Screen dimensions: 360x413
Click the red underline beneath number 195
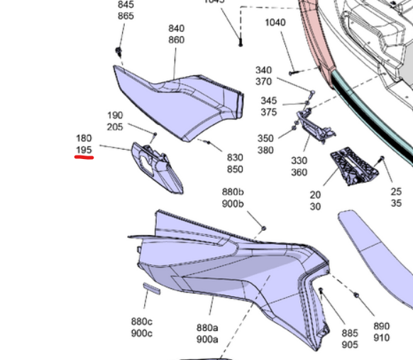click(x=84, y=159)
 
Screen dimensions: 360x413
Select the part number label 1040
click(x=275, y=23)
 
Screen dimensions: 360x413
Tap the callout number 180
click(x=84, y=138)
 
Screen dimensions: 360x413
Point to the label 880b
click(x=233, y=192)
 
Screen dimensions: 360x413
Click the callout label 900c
click(x=141, y=334)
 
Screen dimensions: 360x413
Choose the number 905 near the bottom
click(x=350, y=344)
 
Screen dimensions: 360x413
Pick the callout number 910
click(x=382, y=338)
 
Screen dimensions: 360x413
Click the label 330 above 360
click(x=299, y=160)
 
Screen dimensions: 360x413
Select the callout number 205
click(x=115, y=127)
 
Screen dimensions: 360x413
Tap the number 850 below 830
click(x=235, y=169)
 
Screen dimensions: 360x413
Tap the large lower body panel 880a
click(x=227, y=270)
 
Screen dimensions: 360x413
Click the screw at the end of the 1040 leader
click(x=292, y=72)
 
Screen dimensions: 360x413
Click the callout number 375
click(x=268, y=112)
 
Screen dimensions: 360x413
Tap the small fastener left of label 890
click(x=356, y=295)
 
